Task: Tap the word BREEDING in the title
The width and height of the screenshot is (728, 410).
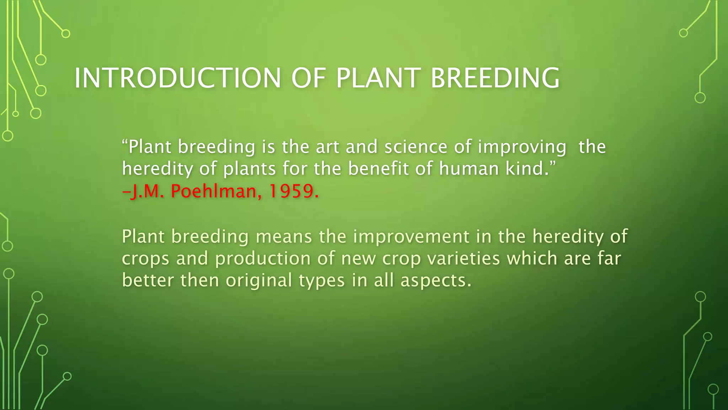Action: click(x=495, y=78)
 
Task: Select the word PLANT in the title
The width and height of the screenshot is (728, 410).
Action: click(x=378, y=78)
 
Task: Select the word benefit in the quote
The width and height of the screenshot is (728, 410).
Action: click(x=378, y=169)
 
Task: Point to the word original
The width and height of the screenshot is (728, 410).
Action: click(x=259, y=281)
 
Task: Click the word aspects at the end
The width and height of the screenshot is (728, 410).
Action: click(x=436, y=281)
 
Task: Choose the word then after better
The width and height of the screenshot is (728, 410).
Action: click(x=199, y=280)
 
